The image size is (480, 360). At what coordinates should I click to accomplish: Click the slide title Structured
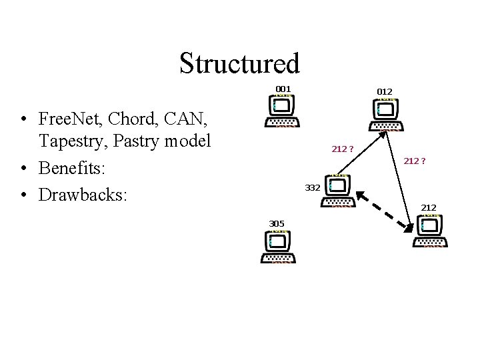coord(239,63)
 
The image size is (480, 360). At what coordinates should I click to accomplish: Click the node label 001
coord(283,89)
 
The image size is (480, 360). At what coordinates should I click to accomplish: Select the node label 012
coord(385,91)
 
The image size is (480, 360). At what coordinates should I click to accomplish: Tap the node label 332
coord(313,188)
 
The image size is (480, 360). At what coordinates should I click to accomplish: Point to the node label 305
coord(277,223)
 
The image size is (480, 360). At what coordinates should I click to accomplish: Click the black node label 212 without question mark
coord(429,209)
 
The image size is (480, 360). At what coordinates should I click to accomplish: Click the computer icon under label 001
coord(282,111)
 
